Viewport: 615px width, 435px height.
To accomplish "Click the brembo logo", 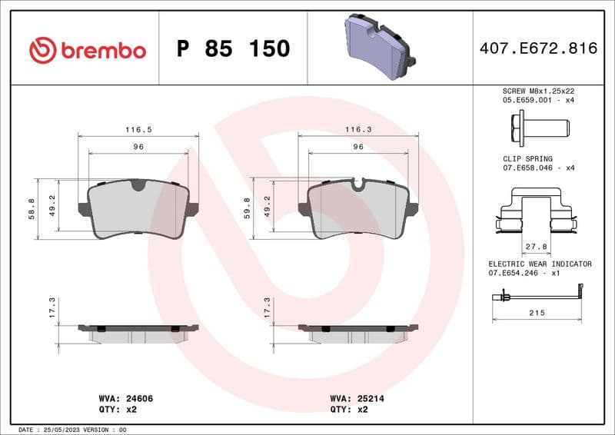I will click(87, 50).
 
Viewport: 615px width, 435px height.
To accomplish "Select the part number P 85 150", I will click(233, 49).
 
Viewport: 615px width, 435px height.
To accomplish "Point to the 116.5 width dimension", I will click(138, 130).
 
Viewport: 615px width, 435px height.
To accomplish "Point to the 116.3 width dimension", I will click(358, 130).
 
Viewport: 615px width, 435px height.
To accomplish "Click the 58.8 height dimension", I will click(32, 209).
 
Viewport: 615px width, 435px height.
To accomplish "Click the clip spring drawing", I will click(537, 212).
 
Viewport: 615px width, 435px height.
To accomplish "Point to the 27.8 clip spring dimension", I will click(536, 247).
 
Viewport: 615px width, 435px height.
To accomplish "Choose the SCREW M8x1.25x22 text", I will click(537, 91).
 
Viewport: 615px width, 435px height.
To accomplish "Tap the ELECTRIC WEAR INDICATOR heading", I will click(540, 264).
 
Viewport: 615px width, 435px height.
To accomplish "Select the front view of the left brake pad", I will click(138, 209).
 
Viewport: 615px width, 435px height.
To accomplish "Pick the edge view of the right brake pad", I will click(358, 331).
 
